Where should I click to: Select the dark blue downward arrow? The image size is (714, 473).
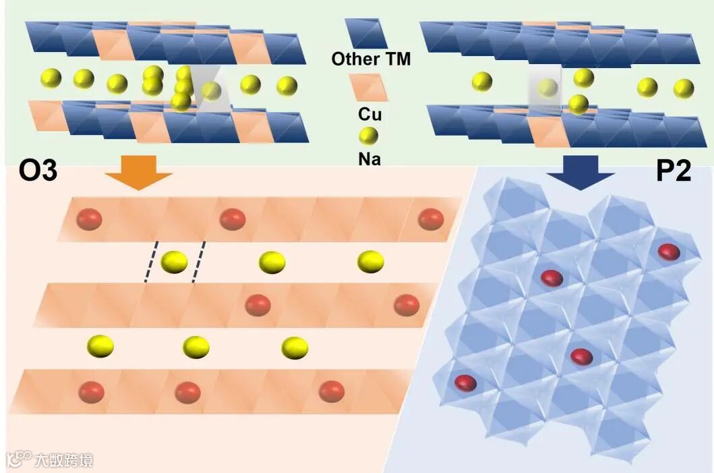tap(579, 172)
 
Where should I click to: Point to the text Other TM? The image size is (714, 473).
tap(371, 59)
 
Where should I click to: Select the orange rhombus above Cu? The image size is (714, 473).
tap(368, 87)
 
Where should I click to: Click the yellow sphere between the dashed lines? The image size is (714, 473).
tap(174, 262)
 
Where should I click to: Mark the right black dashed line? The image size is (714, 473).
tap(198, 262)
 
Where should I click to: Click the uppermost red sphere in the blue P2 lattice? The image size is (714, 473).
tap(669, 252)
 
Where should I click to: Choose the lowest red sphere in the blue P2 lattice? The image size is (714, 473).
tap(465, 383)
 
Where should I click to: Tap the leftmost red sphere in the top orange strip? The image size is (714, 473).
tap(90, 219)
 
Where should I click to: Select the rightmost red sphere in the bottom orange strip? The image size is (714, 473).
tap(332, 391)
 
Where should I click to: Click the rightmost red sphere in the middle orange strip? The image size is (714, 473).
tap(407, 305)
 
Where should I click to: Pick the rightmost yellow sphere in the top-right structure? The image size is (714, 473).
tap(684, 88)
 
